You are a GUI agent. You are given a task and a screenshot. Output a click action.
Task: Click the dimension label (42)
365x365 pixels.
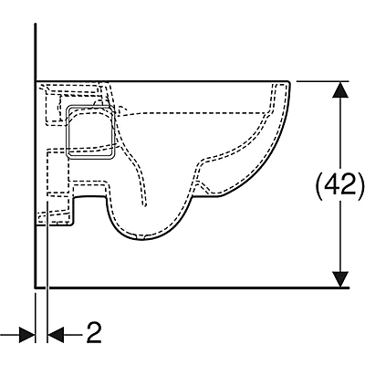(339, 185)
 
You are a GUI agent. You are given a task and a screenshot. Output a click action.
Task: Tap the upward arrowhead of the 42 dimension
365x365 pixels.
(340, 89)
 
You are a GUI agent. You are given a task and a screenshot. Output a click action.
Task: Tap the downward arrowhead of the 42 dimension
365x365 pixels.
(340, 279)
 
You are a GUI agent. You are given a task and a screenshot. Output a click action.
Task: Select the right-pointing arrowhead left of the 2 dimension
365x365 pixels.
(27, 335)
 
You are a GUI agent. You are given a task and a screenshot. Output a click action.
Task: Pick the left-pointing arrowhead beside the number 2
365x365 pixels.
(56, 335)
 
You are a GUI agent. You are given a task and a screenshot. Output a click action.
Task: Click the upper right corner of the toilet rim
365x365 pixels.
(289, 82)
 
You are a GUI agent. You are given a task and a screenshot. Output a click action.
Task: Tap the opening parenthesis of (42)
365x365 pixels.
(319, 185)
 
